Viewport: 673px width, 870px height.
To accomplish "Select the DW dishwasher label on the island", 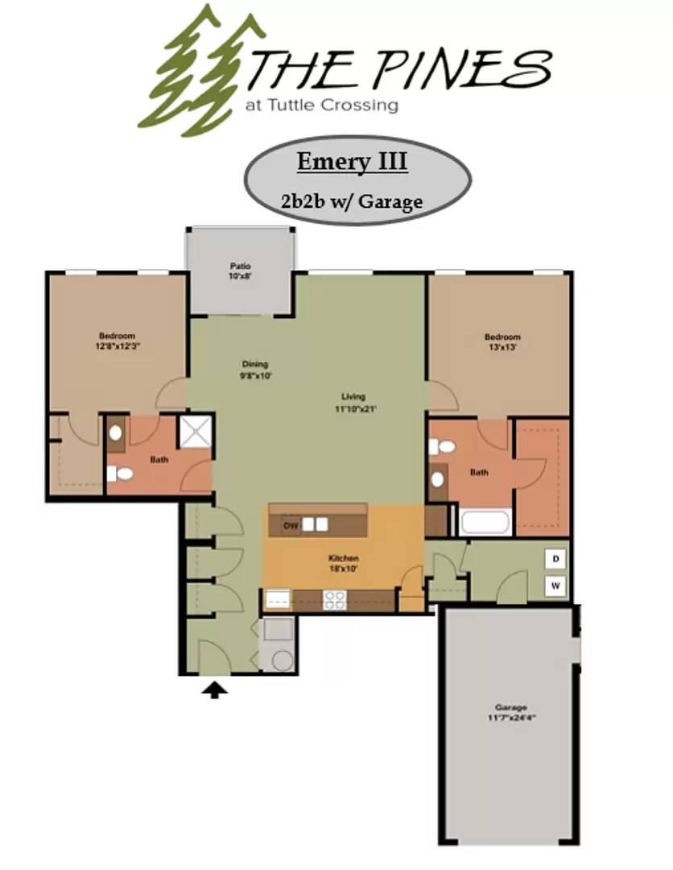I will pos(290,525).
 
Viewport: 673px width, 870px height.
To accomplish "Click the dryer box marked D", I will pos(555,557).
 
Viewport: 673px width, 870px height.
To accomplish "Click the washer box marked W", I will pos(555,586).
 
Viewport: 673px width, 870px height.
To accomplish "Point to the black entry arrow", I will pos(214,688).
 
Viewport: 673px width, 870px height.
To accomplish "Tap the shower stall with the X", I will pos(196,431).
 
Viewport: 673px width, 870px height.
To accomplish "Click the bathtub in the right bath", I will pos(485,522).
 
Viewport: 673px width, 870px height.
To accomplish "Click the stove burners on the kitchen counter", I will pos(333,599).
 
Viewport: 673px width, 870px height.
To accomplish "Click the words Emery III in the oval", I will pos(352,162).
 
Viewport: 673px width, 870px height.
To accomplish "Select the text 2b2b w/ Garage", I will pos(352,201).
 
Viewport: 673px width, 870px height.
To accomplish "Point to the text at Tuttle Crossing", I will pos(322,105).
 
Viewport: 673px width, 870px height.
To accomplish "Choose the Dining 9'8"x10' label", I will pos(254,369).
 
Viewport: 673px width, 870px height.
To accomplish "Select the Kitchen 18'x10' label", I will pos(343,563).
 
